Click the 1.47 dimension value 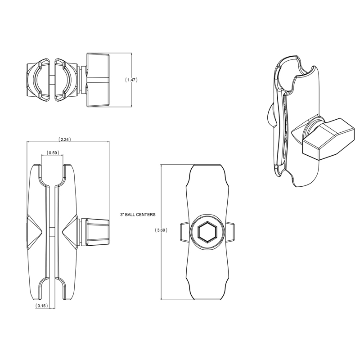click(x=131, y=80)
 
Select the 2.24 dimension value click(x=66, y=139)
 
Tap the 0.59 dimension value click(x=52, y=153)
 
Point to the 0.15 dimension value click(x=41, y=306)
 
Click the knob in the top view click(x=98, y=80)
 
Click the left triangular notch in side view click(x=36, y=230)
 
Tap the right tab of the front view click(x=231, y=233)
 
